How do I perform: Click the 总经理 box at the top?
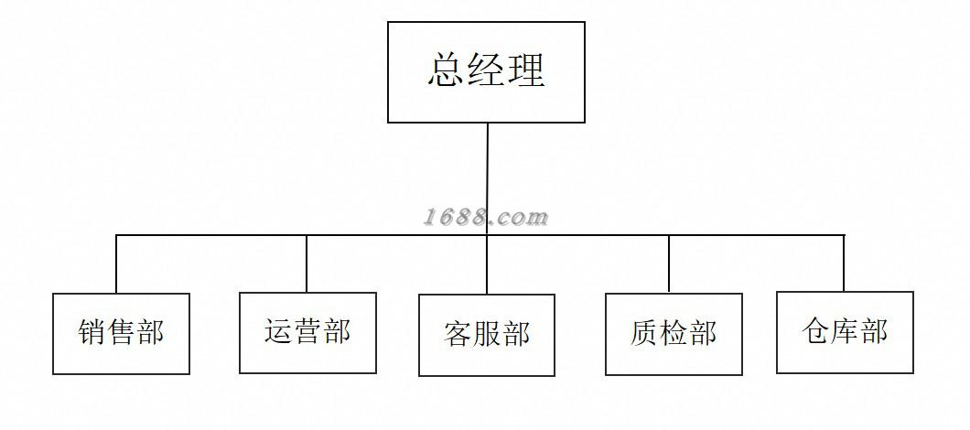click(x=486, y=72)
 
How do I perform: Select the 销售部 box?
click(x=121, y=334)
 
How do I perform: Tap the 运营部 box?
click(x=307, y=332)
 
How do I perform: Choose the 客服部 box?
click(x=487, y=335)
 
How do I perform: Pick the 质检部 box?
click(x=674, y=334)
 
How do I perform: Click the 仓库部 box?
click(x=845, y=332)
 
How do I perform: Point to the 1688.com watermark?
click(x=486, y=218)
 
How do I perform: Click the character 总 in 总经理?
click(x=446, y=70)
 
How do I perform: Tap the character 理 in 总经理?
click(x=526, y=70)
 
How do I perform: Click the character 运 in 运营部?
click(x=279, y=331)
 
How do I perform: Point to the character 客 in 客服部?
click(x=458, y=334)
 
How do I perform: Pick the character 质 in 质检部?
click(x=644, y=333)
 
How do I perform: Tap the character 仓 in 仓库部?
click(x=816, y=331)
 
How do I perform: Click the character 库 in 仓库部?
click(x=845, y=331)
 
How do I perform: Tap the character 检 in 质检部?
click(x=674, y=333)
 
